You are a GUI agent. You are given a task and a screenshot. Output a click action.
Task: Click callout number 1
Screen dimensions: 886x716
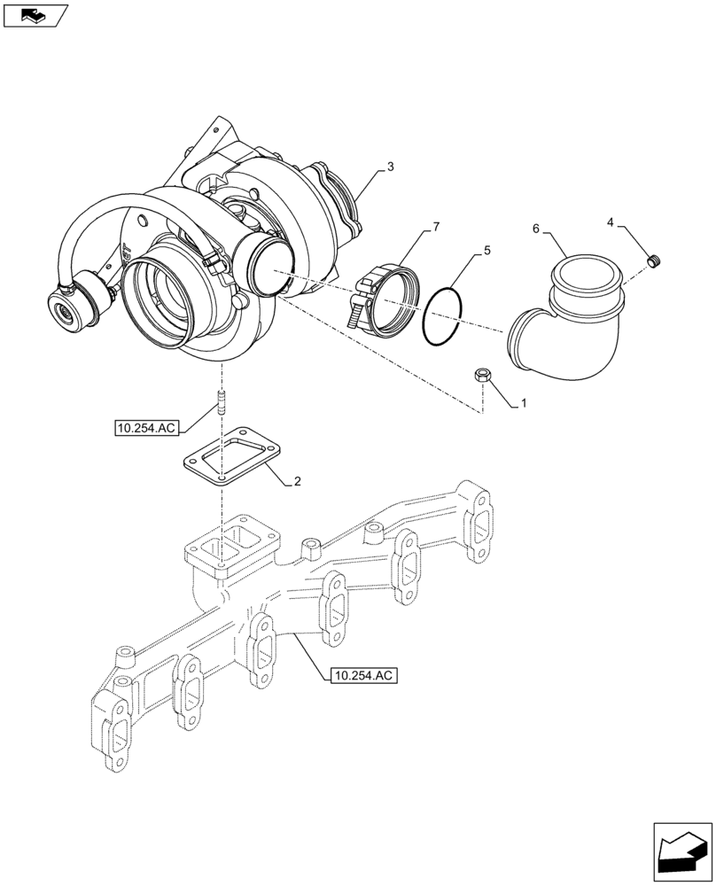524,403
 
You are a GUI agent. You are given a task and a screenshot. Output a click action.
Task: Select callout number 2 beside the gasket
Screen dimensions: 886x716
298,482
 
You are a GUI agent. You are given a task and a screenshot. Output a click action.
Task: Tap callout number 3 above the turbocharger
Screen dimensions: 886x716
391,167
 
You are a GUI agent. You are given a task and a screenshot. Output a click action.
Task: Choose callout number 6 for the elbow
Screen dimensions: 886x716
536,229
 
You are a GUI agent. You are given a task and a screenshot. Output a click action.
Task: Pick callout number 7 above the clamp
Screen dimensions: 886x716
435,229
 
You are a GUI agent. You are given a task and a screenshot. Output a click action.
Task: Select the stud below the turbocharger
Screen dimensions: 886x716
218,406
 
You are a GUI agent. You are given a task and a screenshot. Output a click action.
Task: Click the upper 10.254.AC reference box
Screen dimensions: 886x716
146,428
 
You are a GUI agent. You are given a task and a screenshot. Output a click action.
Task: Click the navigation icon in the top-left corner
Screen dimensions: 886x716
35,15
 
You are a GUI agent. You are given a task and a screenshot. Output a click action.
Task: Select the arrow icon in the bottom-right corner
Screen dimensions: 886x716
681,851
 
